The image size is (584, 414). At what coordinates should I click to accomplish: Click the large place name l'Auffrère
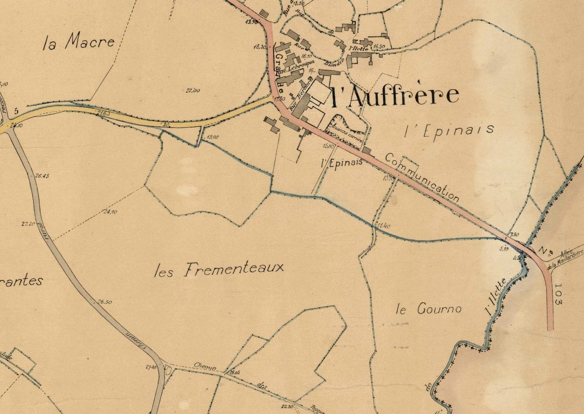pyautogui.click(x=394, y=96)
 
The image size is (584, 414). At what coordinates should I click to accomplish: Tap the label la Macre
pyautogui.click(x=79, y=42)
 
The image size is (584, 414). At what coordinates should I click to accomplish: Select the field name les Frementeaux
pyautogui.click(x=219, y=269)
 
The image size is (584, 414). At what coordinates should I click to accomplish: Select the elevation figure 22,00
pyautogui.click(x=192, y=91)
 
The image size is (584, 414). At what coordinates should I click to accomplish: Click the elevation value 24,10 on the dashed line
pyautogui.click(x=110, y=212)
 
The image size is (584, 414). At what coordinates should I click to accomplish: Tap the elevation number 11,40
pyautogui.click(x=383, y=225)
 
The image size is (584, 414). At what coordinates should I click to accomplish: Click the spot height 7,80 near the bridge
pyautogui.click(x=514, y=235)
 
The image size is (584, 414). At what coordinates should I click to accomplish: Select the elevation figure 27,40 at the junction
pyautogui.click(x=151, y=367)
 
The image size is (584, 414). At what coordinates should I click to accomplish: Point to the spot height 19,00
pyautogui.click(x=212, y=138)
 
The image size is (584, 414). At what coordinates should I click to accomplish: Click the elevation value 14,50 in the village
pyautogui.click(x=379, y=47)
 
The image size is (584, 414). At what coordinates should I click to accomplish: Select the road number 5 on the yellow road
pyautogui.click(x=17, y=111)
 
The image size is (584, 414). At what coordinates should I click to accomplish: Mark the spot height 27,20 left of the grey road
pyautogui.click(x=28, y=224)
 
